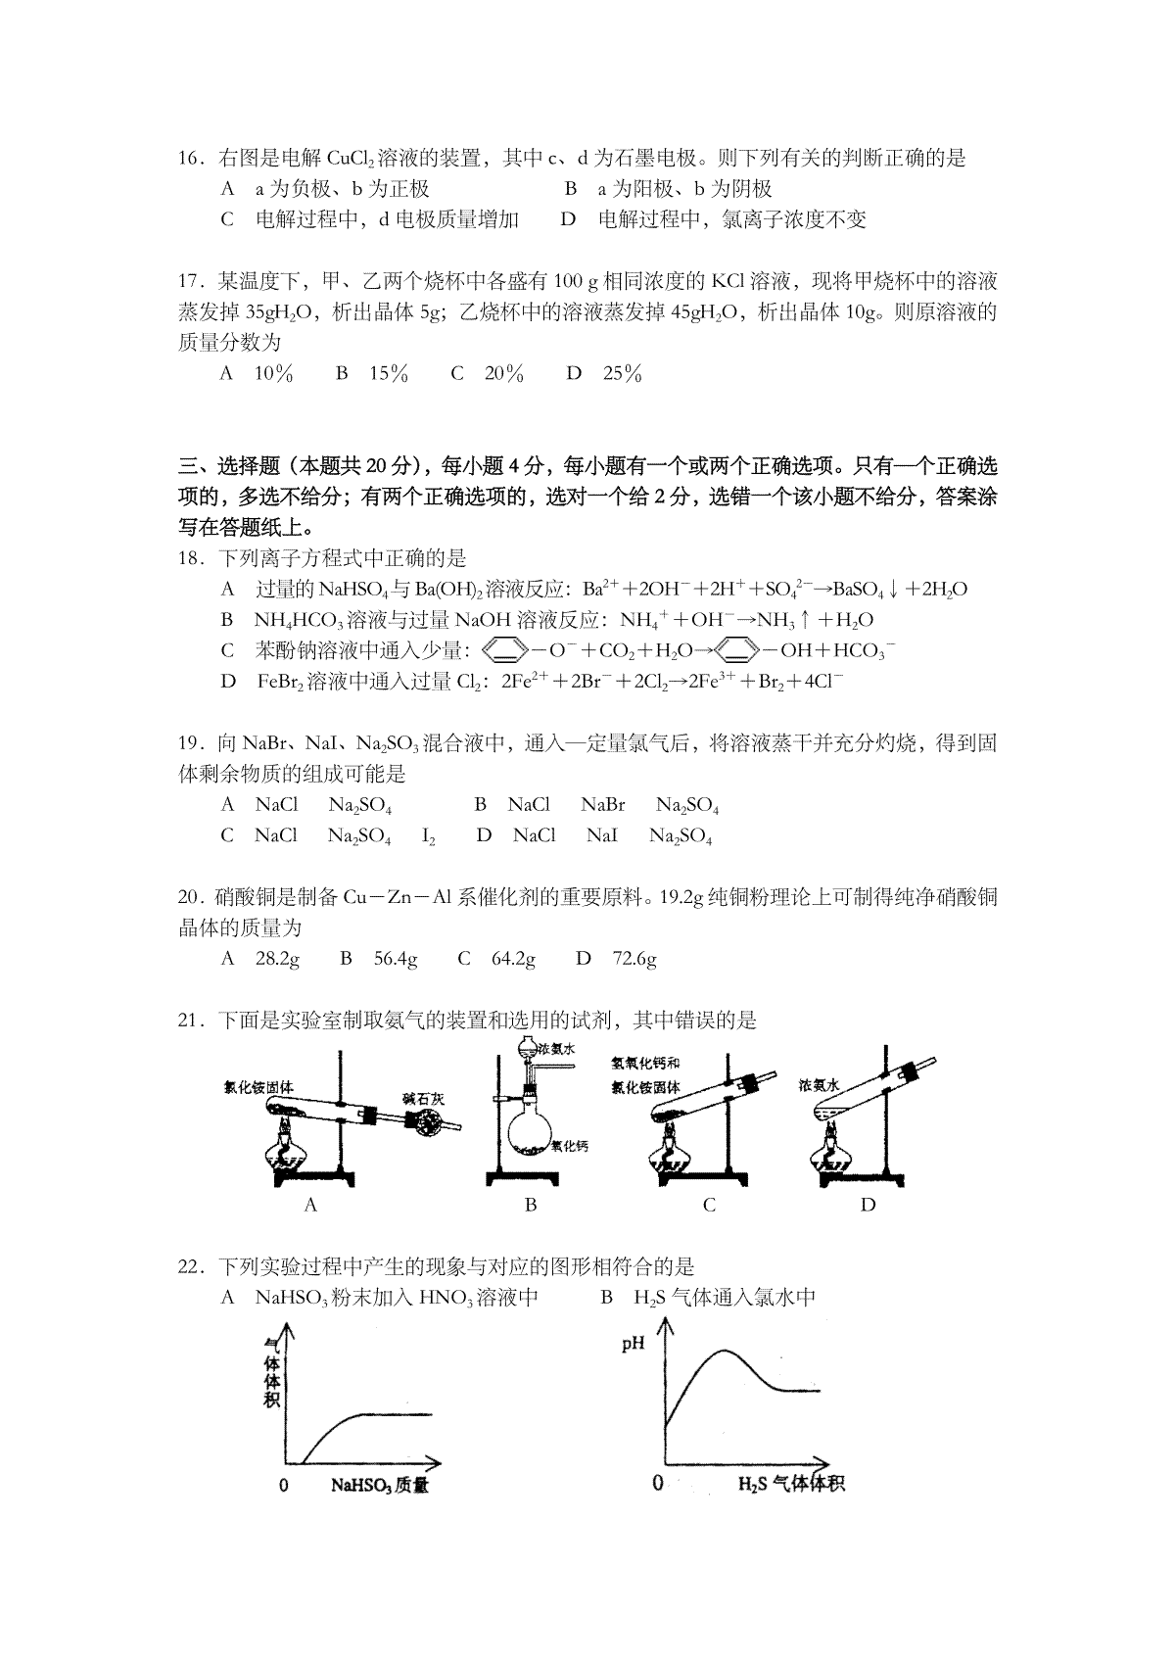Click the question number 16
point(190,159)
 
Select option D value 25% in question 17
point(622,373)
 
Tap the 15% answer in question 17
point(388,373)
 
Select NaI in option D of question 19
point(602,836)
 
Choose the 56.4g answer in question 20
point(396,959)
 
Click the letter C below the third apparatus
point(709,1206)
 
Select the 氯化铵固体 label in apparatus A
point(258,1087)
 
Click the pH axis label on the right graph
point(634,1344)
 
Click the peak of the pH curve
point(726,1352)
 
